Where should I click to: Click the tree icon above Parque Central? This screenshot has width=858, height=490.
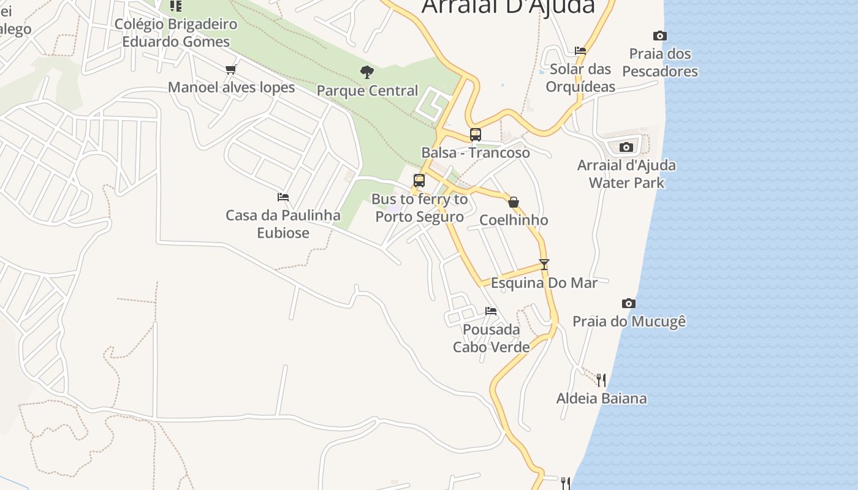coord(367,72)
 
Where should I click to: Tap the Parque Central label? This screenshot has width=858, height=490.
coord(367,91)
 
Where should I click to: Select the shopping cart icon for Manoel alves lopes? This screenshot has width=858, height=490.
coord(231,69)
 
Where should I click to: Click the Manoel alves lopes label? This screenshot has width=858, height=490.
coord(231,87)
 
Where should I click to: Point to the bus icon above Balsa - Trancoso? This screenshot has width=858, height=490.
coord(476,135)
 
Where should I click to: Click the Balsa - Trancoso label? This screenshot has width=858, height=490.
coord(476,153)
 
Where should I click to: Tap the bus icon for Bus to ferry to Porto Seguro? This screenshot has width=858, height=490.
coord(419,181)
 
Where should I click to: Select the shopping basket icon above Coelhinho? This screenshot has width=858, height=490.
coord(514,202)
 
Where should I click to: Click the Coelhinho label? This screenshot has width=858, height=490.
coord(514,220)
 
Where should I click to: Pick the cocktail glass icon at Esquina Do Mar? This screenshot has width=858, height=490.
coord(544,265)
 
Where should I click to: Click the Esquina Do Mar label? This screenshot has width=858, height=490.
coord(544,282)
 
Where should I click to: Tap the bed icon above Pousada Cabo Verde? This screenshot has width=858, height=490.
coord(491,311)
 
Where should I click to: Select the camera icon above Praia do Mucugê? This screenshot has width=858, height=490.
coord(628,303)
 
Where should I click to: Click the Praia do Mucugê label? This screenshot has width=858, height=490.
coord(629,321)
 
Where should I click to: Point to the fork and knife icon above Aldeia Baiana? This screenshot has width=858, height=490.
coord(601,380)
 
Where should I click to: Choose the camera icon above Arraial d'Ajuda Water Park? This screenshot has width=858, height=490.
coord(626,147)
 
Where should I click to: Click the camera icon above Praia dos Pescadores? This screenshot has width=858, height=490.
coord(659,36)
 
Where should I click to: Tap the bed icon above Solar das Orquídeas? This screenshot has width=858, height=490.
coord(580,51)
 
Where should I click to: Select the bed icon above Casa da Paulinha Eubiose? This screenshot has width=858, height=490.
coord(283,197)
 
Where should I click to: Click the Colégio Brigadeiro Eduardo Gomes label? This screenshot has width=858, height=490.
coord(176,33)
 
